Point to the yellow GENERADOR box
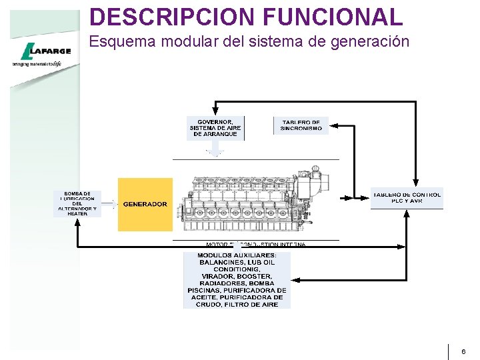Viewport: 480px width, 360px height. tap(145, 204)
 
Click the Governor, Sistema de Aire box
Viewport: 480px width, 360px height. tap(215, 127)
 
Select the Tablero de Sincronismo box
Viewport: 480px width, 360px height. tap(301, 125)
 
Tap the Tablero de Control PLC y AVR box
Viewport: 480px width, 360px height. tap(407, 198)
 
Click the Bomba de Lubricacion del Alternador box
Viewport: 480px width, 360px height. tap(77, 203)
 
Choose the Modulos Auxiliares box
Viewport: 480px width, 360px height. tap(237, 280)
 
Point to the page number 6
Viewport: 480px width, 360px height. tap(464, 351)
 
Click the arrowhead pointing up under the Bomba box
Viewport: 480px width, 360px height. tap(79, 222)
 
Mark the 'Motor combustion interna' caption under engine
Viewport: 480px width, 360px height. tap(256, 245)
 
